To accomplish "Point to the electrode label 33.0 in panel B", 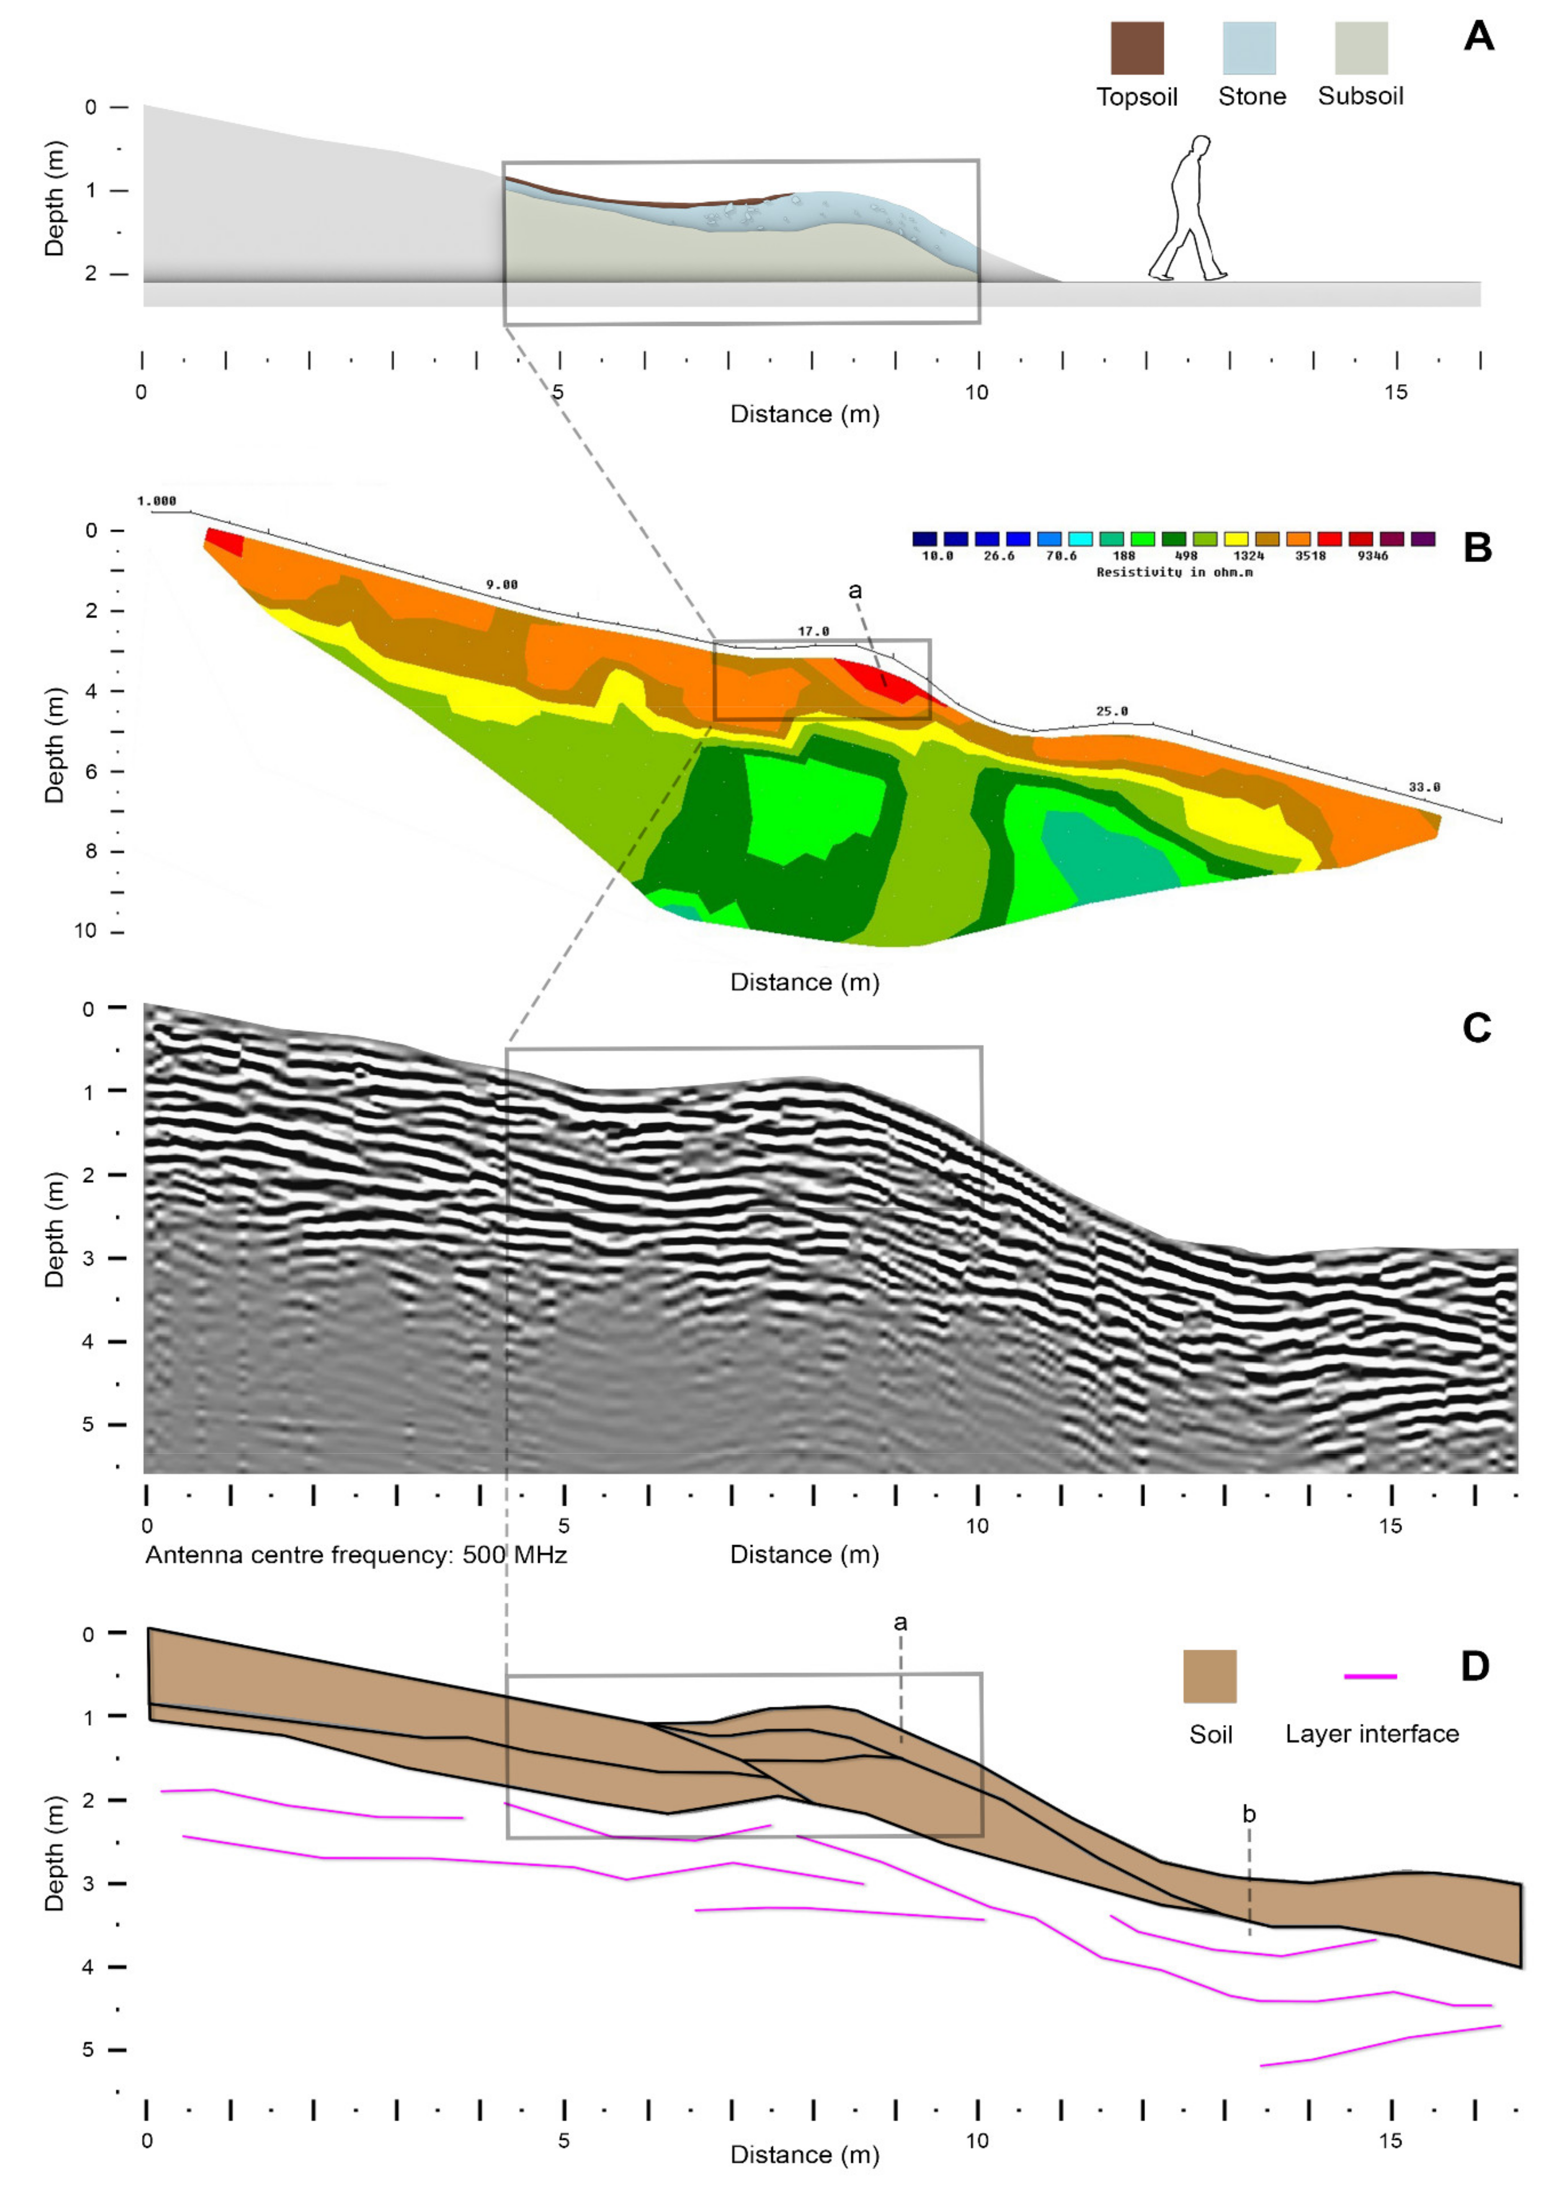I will click(x=1424, y=788).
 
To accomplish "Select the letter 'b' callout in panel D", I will click(x=1248, y=1814).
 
